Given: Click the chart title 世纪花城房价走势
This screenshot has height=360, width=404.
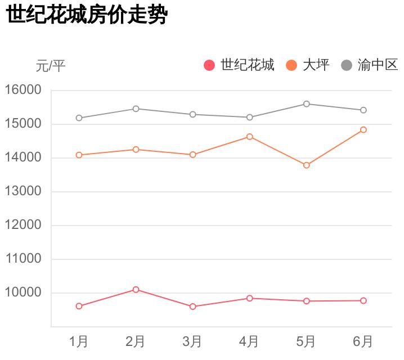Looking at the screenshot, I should (x=87, y=15).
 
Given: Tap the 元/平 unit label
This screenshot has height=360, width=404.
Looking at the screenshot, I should (x=51, y=66).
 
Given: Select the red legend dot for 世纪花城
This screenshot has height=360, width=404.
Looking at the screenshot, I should (x=209, y=65).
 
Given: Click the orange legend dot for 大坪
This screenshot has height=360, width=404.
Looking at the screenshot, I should (x=291, y=65).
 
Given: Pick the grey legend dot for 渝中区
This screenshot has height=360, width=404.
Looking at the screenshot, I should (x=347, y=65).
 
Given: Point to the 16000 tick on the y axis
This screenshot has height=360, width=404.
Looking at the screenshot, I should (x=23, y=90).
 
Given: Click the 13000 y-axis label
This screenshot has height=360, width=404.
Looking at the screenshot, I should (x=23, y=191).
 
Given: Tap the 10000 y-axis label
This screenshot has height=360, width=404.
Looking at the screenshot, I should (x=23, y=292).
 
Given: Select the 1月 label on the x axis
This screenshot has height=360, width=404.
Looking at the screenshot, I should (x=79, y=341).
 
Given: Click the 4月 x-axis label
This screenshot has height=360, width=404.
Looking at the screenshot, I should (x=249, y=341).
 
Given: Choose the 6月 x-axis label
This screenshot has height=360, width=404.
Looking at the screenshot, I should (x=363, y=341).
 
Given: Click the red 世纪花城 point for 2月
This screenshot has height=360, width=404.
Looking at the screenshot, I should (x=136, y=290).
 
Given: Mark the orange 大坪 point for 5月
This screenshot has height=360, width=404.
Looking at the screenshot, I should (x=306, y=165).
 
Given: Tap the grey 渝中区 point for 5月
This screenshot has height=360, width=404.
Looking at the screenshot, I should (x=306, y=104).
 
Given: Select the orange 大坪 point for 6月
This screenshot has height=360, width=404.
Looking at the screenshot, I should (x=363, y=130).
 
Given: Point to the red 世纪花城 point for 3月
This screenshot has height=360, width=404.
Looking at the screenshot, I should (x=192, y=307).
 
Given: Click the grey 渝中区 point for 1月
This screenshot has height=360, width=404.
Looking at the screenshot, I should (x=79, y=118).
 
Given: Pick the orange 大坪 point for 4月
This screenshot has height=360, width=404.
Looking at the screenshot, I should (x=249, y=137).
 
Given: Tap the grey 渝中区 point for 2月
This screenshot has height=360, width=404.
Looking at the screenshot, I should (x=136, y=109).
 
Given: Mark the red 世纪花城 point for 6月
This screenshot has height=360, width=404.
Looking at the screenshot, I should (x=363, y=301).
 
